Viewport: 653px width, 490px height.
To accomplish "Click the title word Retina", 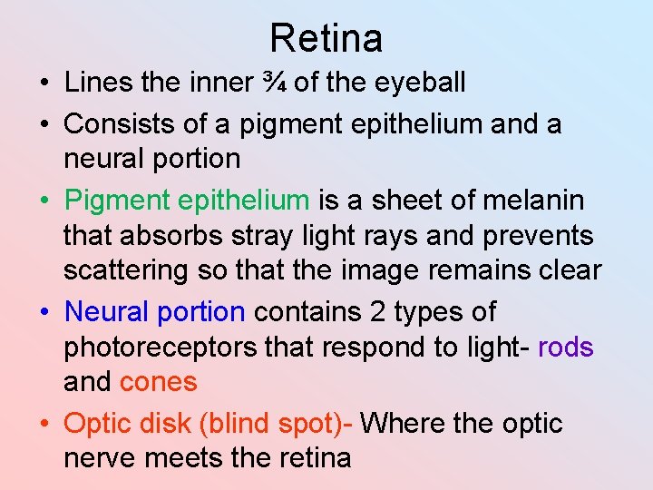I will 326,38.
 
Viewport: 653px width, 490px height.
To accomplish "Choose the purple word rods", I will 566,348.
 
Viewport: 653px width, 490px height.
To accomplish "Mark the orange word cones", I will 158,382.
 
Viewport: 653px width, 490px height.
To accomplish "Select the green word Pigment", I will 118,200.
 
